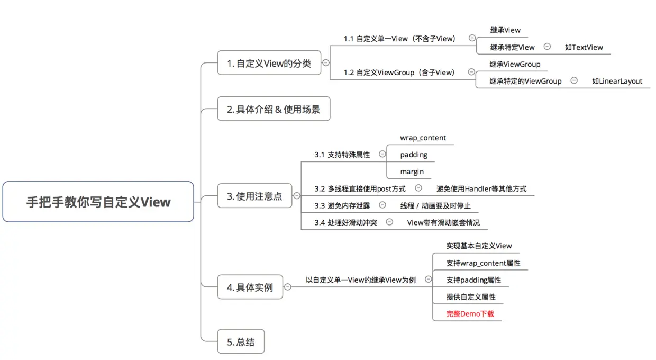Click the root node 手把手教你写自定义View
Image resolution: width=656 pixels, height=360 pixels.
(x=98, y=202)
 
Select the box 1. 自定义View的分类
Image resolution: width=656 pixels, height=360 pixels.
(x=269, y=63)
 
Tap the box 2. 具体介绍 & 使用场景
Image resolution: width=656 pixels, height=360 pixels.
(x=274, y=109)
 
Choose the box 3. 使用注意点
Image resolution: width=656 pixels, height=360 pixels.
(x=255, y=195)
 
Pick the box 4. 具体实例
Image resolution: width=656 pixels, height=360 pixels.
(x=250, y=287)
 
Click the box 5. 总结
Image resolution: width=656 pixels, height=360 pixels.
(x=241, y=341)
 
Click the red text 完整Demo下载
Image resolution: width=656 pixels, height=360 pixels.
(x=470, y=314)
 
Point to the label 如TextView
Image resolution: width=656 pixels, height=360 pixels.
(x=584, y=47)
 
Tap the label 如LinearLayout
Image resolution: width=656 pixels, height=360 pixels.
(x=617, y=81)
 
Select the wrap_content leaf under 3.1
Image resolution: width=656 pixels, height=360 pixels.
(x=423, y=138)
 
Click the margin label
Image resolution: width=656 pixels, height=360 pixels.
(x=412, y=172)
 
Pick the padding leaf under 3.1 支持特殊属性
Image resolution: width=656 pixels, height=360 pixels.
(x=414, y=155)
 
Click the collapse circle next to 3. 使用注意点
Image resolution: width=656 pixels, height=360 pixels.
(x=297, y=195)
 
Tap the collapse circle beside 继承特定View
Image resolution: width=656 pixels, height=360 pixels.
(x=547, y=47)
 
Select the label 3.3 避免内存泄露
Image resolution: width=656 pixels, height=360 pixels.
(x=342, y=206)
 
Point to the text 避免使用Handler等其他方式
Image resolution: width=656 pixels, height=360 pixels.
(x=481, y=189)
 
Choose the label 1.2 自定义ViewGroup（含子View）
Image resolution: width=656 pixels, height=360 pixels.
(x=399, y=73)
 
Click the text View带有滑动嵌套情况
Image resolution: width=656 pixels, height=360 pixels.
(x=443, y=223)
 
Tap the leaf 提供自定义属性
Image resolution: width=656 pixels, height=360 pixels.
(x=471, y=297)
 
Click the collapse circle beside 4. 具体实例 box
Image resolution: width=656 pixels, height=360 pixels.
(x=288, y=287)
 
